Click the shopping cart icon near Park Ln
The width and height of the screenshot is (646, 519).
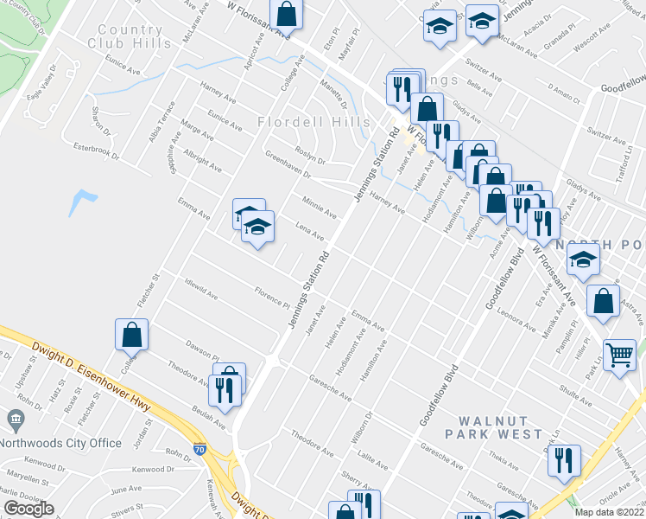tap(620, 355)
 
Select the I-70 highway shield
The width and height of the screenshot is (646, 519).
tap(200, 450)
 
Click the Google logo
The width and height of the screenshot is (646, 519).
tap(29, 509)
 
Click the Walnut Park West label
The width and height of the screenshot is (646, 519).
tap(493, 426)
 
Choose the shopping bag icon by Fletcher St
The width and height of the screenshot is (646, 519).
tap(130, 334)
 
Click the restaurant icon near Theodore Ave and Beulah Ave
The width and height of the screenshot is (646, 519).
tap(224, 389)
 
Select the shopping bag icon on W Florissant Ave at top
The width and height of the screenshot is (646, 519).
tap(286, 15)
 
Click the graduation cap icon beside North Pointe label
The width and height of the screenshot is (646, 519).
tap(585, 262)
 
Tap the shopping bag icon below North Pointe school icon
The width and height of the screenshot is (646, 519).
tap(603, 301)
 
